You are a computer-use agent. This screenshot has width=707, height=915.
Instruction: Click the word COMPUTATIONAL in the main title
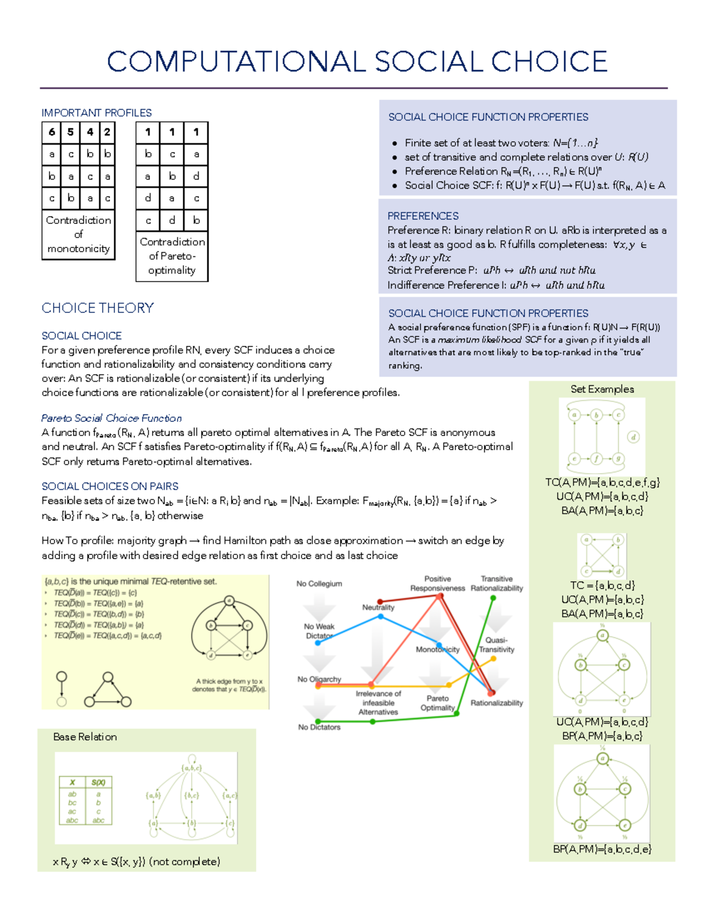[236, 62]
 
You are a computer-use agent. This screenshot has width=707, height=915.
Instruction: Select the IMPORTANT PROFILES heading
[97, 113]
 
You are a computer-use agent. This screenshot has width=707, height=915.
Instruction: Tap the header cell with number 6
[52, 132]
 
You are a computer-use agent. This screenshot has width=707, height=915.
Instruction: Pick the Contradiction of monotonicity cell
[78, 234]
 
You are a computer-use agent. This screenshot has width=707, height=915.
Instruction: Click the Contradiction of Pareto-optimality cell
[172, 256]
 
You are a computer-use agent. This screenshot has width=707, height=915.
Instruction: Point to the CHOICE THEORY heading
[97, 308]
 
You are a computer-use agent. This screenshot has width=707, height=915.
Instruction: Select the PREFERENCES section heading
[422, 216]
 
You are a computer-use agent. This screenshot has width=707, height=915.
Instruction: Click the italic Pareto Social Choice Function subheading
[111, 418]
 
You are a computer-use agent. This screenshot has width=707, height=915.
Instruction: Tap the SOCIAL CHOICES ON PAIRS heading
[110, 486]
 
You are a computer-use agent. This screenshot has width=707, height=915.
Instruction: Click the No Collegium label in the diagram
[319, 583]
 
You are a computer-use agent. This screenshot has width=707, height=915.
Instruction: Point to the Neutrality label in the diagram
[378, 607]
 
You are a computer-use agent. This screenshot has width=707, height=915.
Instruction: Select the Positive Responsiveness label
[437, 583]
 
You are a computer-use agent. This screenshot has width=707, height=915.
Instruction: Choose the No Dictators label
[319, 727]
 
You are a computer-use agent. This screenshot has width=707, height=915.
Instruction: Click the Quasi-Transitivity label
[496, 645]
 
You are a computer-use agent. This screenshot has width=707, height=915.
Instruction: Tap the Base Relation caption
[85, 736]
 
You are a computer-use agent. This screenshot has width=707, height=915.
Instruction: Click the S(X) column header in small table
[98, 782]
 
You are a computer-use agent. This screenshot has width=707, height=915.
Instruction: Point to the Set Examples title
[602, 389]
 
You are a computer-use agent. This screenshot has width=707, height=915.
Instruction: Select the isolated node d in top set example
[633, 437]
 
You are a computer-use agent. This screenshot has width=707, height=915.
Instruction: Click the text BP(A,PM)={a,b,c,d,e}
[602, 849]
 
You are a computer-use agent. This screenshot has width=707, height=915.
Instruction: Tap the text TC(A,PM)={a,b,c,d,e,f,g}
[602, 482]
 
